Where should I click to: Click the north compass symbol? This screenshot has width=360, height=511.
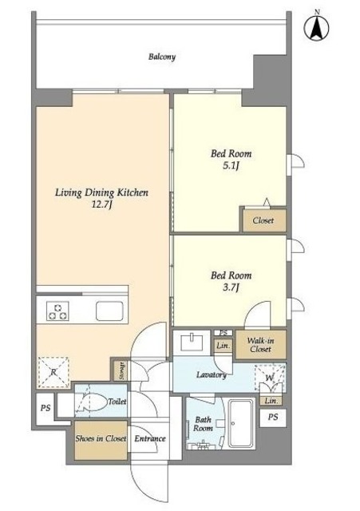[x=316, y=27]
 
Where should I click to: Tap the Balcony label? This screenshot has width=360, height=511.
[x=162, y=57]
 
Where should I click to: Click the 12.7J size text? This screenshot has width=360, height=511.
[x=101, y=204]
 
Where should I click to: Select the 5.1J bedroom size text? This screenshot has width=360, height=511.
[x=231, y=166]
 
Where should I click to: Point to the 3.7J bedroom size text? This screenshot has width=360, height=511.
[x=231, y=287]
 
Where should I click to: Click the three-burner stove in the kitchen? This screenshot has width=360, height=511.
[x=57, y=311]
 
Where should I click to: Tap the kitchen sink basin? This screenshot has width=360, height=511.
[x=110, y=311]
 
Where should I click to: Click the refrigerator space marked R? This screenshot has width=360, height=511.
[x=53, y=372]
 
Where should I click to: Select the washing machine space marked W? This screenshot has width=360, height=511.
[x=270, y=378]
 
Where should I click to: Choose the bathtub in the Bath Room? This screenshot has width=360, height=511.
[x=241, y=424]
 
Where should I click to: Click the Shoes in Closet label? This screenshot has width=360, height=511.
[x=101, y=438]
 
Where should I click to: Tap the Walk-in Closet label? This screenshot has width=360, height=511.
[x=261, y=345]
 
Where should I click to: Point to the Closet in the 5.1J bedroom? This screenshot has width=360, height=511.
[x=263, y=220]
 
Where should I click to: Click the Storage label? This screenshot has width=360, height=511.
[x=122, y=370]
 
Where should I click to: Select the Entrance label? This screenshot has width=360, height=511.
[x=150, y=438]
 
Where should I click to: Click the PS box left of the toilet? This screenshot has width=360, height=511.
[x=45, y=408]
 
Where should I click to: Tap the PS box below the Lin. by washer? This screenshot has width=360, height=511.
[x=273, y=417]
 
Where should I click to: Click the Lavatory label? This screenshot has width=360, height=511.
[x=211, y=375]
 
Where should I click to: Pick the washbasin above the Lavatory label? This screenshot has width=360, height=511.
[x=192, y=342]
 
